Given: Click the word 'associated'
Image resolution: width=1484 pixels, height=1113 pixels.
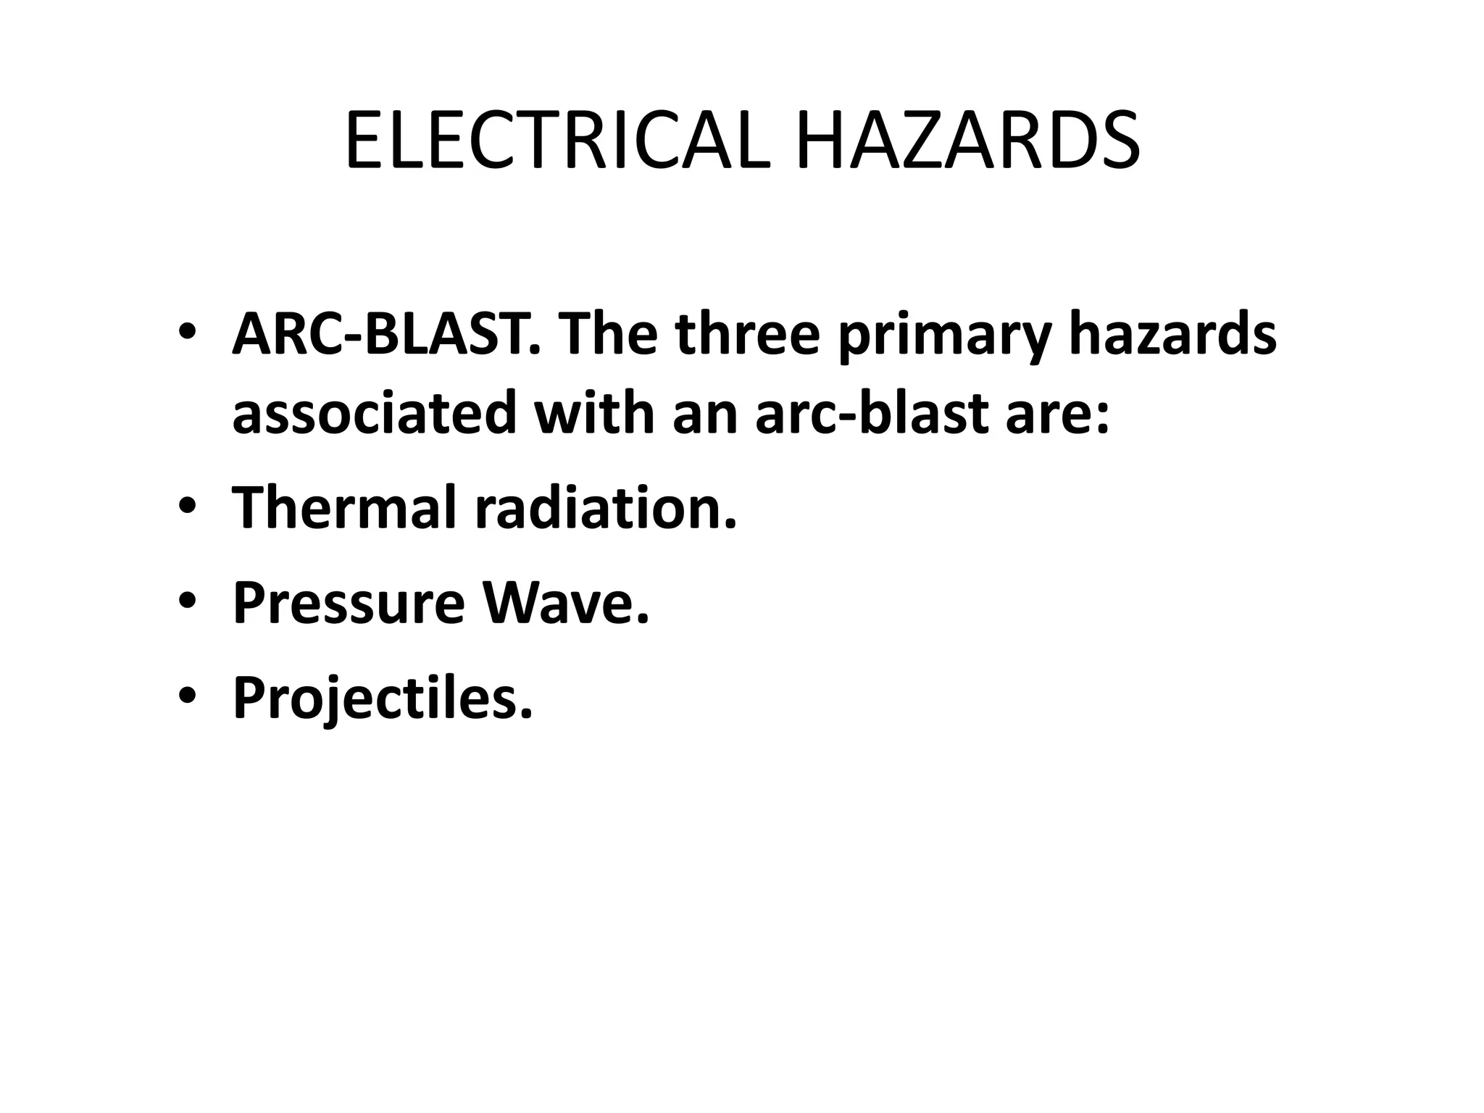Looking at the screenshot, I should pyautogui.click(x=374, y=413).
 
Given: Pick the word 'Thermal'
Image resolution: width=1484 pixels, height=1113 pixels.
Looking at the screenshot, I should pyautogui.click(x=345, y=507).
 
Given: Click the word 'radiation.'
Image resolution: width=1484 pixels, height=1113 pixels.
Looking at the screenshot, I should pyautogui.click(x=606, y=507).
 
